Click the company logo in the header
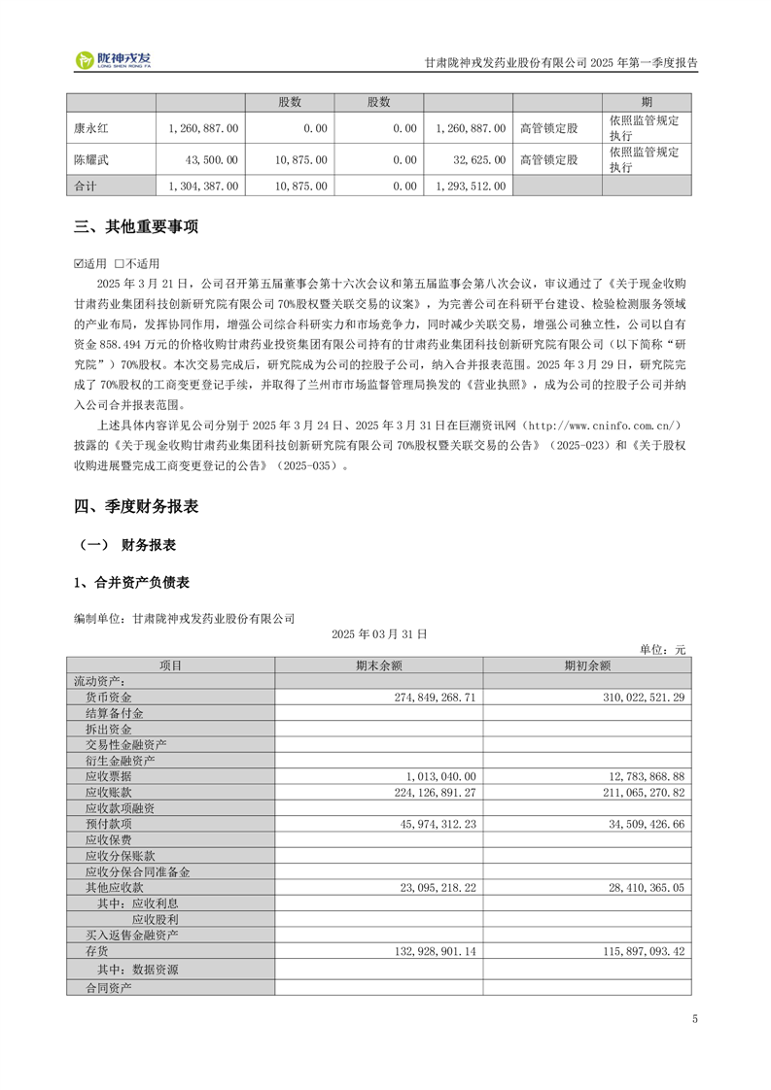pos(114,60)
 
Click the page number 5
pos(695,1019)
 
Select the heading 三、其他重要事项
pos(136,227)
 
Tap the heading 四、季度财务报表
pos(136,506)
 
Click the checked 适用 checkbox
pos(80,263)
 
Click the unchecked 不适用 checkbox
pos(119,263)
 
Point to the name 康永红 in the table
pos(91,127)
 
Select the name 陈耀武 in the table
pos(91,158)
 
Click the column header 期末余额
pos(378,665)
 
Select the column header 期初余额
pos(587,665)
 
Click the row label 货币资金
pos(108,698)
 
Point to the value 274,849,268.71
pos(422,698)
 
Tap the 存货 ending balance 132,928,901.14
pos(422,951)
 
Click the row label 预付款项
pos(108,824)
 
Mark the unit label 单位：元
pos(662,649)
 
